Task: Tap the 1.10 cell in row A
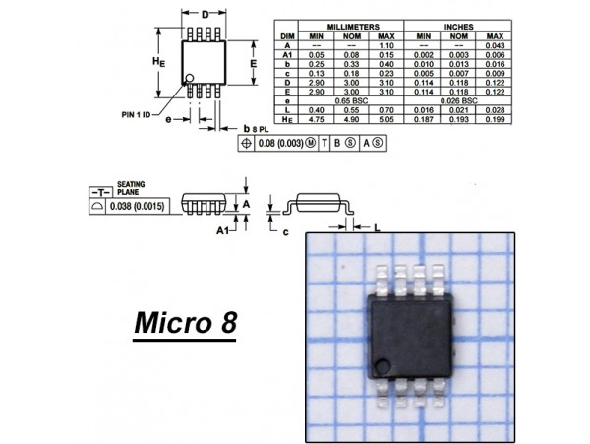click(x=386, y=46)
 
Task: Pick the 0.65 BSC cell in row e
click(x=351, y=100)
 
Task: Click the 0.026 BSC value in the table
click(x=458, y=100)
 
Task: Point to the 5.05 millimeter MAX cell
click(x=386, y=119)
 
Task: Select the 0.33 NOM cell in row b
click(x=351, y=64)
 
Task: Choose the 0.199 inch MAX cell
click(x=495, y=119)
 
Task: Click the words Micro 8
click(x=185, y=323)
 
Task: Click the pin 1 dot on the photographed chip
click(x=383, y=367)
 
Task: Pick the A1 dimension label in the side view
click(x=223, y=229)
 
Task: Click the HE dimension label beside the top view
click(x=157, y=61)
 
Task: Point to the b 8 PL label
click(x=256, y=129)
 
